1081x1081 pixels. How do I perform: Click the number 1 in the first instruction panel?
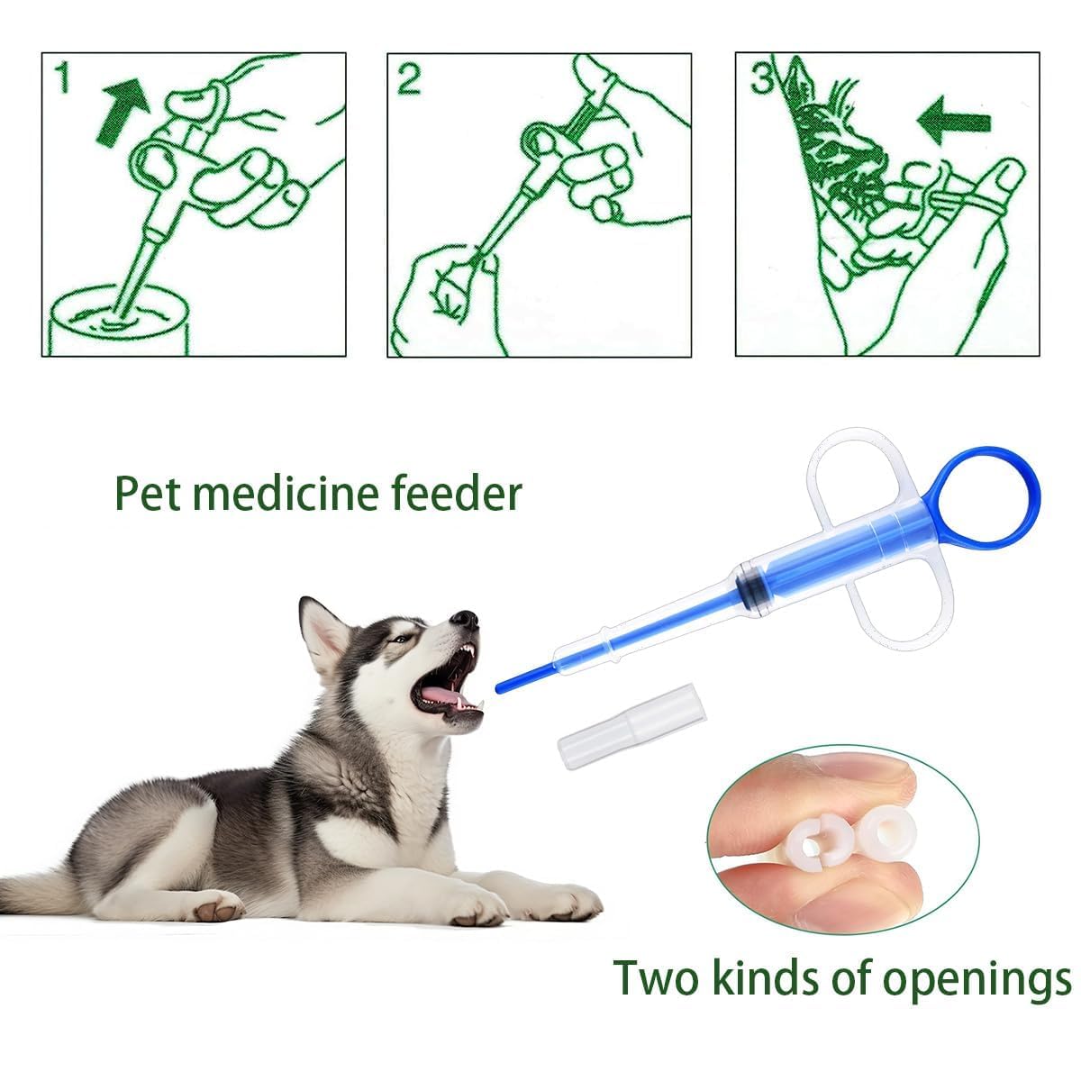[63, 77]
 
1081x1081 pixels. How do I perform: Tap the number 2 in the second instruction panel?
[408, 79]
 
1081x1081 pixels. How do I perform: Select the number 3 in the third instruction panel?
[761, 78]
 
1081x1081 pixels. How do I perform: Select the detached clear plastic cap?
[632, 726]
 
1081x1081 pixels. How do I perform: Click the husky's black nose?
[465, 619]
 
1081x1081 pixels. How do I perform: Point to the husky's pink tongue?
[443, 696]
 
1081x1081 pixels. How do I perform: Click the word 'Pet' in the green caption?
[148, 494]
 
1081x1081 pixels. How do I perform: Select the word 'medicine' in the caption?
[286, 493]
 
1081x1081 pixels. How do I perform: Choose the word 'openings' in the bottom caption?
[977, 983]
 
